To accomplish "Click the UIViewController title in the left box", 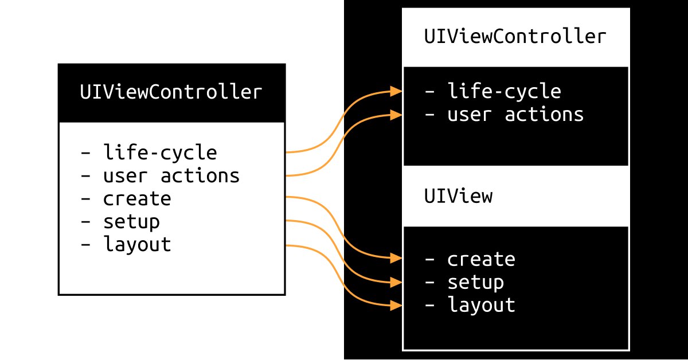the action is coord(171,92).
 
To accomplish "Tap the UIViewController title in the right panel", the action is coord(515,36).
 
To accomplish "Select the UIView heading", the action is coord(458,195).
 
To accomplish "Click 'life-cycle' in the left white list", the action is coord(160,152).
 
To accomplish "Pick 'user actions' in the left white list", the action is coord(171,175).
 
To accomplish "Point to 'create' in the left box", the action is coord(137,199).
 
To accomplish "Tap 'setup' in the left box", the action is coord(131,222).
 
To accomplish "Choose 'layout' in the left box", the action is coord(137,245).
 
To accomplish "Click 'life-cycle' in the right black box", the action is coord(505,91).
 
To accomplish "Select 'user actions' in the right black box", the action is coord(515,114).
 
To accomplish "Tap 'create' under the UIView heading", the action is coord(481,259).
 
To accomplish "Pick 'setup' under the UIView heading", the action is coord(476,282).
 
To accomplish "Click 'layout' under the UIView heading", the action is coord(481,305).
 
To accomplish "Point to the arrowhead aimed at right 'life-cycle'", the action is coord(396,91).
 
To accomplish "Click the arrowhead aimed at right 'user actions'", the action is coord(396,115).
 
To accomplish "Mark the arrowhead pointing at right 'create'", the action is coord(396,258).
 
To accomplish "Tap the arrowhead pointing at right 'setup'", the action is coord(396,282).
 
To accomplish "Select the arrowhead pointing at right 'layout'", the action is coord(396,306).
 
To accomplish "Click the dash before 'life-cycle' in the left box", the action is coord(85,152).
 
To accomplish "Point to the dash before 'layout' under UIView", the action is coord(430,306).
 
